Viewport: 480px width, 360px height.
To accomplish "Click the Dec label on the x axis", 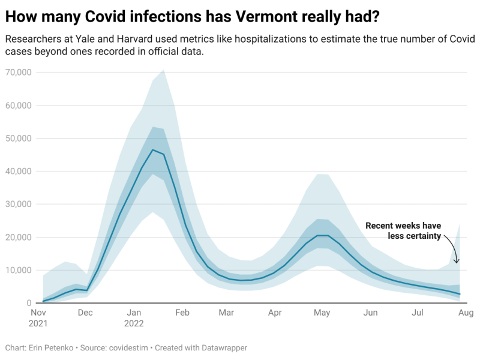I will (x=85, y=313).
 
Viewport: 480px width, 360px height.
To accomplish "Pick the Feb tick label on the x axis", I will (x=182, y=313).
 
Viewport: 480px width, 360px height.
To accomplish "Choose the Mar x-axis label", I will (x=226, y=313).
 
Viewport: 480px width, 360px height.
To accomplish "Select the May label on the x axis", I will (x=322, y=313).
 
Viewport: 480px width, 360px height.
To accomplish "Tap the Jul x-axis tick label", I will (x=418, y=313).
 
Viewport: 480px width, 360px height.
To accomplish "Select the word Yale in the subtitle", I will (x=88, y=40).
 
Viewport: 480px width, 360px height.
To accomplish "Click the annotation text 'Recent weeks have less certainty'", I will (x=403, y=231).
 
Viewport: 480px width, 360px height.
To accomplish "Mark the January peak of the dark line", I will (x=153, y=150).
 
